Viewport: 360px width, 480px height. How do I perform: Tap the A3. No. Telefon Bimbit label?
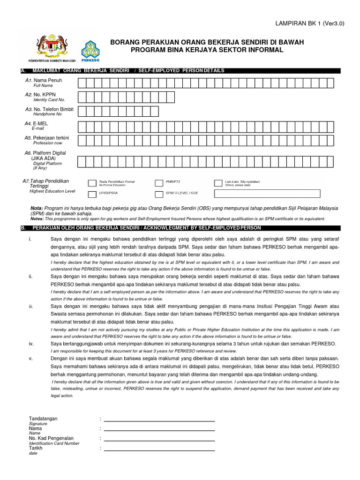click(x=50, y=109)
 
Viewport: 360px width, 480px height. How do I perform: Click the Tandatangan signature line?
click(x=159, y=421)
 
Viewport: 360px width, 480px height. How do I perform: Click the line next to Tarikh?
click(x=159, y=450)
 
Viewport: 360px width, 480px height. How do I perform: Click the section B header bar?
click(x=180, y=228)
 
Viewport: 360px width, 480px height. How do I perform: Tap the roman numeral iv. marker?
click(x=31, y=344)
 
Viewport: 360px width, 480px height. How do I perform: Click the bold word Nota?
click(x=37, y=208)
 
